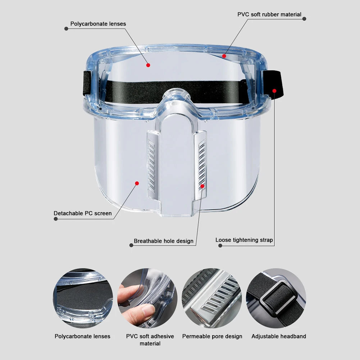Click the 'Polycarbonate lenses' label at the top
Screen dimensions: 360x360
(x=98, y=24)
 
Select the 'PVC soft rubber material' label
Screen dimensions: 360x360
(x=269, y=14)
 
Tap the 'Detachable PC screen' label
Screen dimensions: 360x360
(x=83, y=213)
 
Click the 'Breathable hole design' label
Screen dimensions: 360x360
(x=164, y=241)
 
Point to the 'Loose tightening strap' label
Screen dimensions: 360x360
(x=244, y=240)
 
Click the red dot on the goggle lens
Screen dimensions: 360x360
(x=148, y=65)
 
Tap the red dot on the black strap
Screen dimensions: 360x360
(x=274, y=91)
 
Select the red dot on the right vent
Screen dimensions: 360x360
(x=202, y=186)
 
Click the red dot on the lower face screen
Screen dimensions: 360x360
(x=137, y=183)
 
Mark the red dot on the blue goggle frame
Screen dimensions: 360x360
(x=224, y=56)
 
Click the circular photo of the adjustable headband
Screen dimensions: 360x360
(x=276, y=298)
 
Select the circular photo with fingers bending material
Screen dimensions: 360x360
(x=147, y=298)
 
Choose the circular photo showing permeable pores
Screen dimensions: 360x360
(x=211, y=298)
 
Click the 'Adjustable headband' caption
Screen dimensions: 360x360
(x=279, y=336)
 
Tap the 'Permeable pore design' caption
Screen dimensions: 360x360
(x=212, y=336)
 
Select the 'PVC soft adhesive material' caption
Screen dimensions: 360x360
(x=150, y=340)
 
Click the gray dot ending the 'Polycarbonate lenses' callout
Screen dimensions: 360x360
(x=66, y=28)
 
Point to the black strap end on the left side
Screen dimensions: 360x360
(x=87, y=83)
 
